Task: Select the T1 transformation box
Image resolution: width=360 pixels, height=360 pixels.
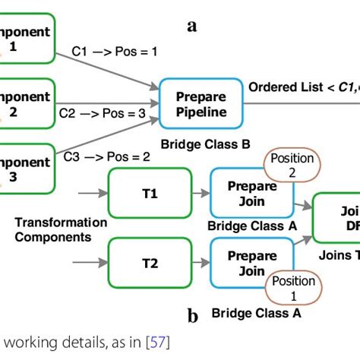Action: pyautogui.click(x=150, y=194)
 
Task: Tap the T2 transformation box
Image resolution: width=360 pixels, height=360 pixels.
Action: pyautogui.click(x=150, y=264)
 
